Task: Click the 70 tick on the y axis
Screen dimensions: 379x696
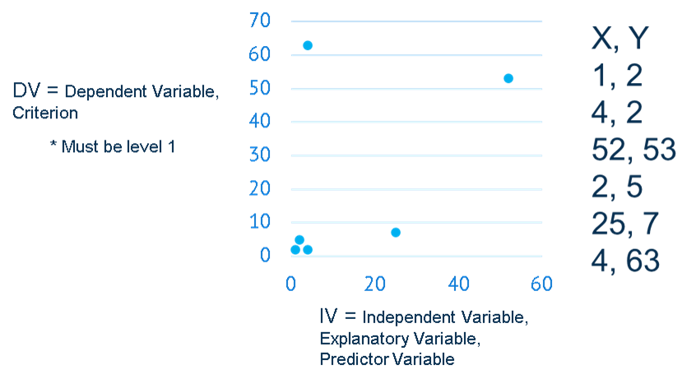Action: point(260,21)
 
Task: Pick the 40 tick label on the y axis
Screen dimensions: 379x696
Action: point(260,121)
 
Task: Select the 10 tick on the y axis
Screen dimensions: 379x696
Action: point(260,221)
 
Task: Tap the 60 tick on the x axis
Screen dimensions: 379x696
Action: point(541,284)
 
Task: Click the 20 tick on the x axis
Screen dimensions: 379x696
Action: point(375,284)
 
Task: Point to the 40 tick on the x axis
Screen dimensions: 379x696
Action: point(458,284)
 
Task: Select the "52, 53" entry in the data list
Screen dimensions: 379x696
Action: point(633,150)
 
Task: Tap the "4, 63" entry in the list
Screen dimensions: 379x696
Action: point(625,261)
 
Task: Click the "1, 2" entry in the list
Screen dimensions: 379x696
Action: point(617,76)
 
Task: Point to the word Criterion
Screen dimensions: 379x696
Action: point(45,114)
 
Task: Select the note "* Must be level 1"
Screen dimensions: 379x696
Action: point(113,147)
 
